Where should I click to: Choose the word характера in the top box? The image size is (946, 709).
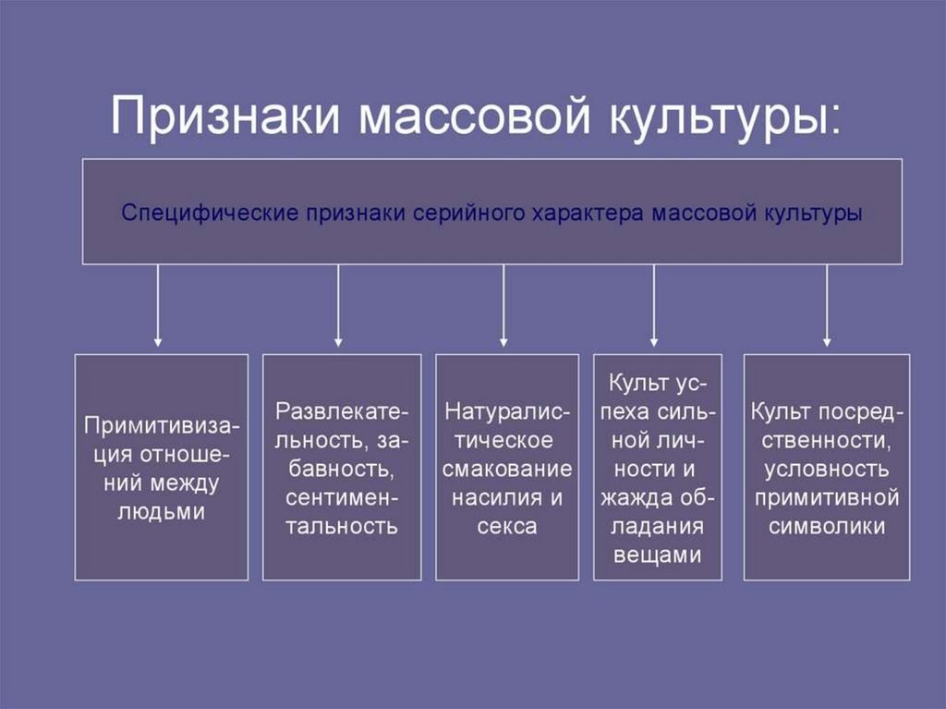588,213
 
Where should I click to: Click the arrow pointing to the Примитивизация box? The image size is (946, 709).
158,305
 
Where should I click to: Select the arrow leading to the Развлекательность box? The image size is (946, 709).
338,305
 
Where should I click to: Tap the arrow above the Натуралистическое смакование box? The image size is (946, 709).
503,305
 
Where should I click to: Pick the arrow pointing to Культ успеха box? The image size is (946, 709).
654,305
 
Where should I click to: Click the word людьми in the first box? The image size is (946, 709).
162,511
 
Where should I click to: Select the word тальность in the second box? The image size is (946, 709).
342,527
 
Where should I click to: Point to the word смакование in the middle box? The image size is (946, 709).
507,469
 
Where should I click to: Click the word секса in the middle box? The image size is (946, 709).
507,527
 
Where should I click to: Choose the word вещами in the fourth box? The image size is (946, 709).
656,555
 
